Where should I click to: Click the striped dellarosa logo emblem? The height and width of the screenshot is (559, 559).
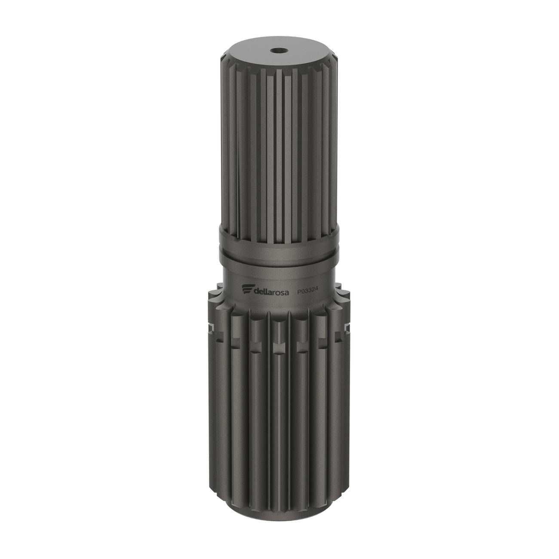point(248,290)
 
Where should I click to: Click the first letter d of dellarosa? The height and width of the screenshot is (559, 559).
point(256,292)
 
